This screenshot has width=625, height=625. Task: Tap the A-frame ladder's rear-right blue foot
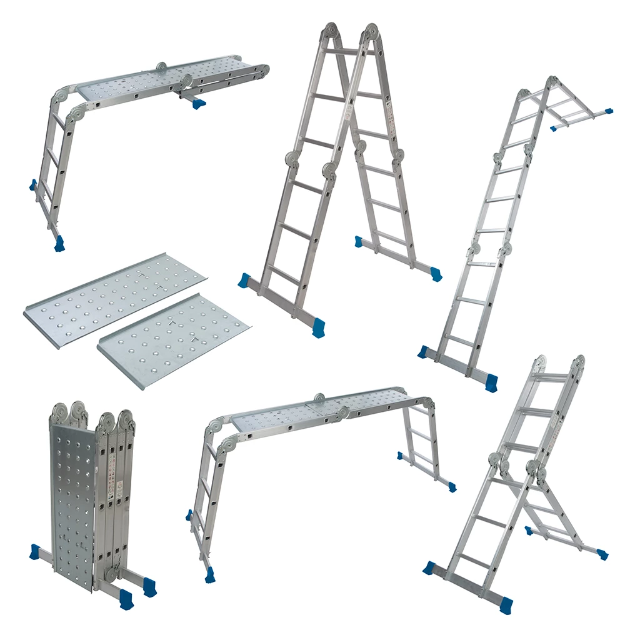pos(435,274)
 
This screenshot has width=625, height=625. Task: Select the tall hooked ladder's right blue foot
pos(491,382)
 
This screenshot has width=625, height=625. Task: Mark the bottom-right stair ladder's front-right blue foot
pos(506,604)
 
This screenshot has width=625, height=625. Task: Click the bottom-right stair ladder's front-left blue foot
pos(429,568)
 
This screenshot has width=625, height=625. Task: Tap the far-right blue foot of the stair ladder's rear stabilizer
pos(601,554)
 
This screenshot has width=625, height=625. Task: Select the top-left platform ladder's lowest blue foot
pos(59,243)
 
